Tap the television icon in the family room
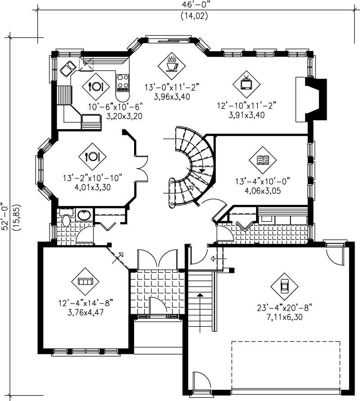point(246,83)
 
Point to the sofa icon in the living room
point(85,281)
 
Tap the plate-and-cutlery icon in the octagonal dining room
point(92,156)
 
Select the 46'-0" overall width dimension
point(194,6)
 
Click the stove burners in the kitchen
point(123,83)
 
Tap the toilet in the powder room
point(66,220)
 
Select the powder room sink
point(83,215)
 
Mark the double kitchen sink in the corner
point(68,68)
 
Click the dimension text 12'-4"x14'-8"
point(85,304)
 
